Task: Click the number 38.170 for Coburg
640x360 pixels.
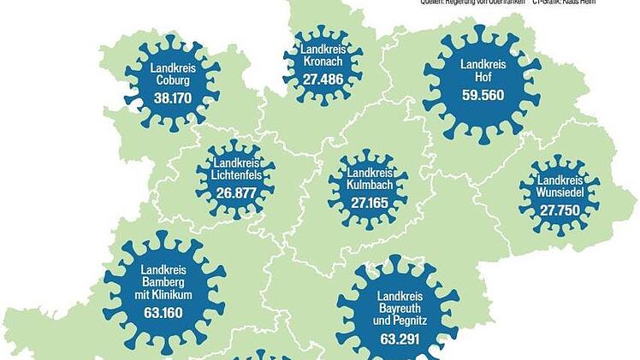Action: point(172,98)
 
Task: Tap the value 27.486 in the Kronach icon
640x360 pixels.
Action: point(323,79)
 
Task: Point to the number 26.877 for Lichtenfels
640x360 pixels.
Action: point(236,192)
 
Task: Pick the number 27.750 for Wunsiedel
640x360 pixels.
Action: point(561,210)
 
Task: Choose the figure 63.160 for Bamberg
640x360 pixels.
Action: point(163,311)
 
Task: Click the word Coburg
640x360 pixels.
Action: point(172,81)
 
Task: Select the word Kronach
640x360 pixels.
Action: point(323,62)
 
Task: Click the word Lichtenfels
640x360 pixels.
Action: point(236,175)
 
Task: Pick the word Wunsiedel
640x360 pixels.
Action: point(561,194)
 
